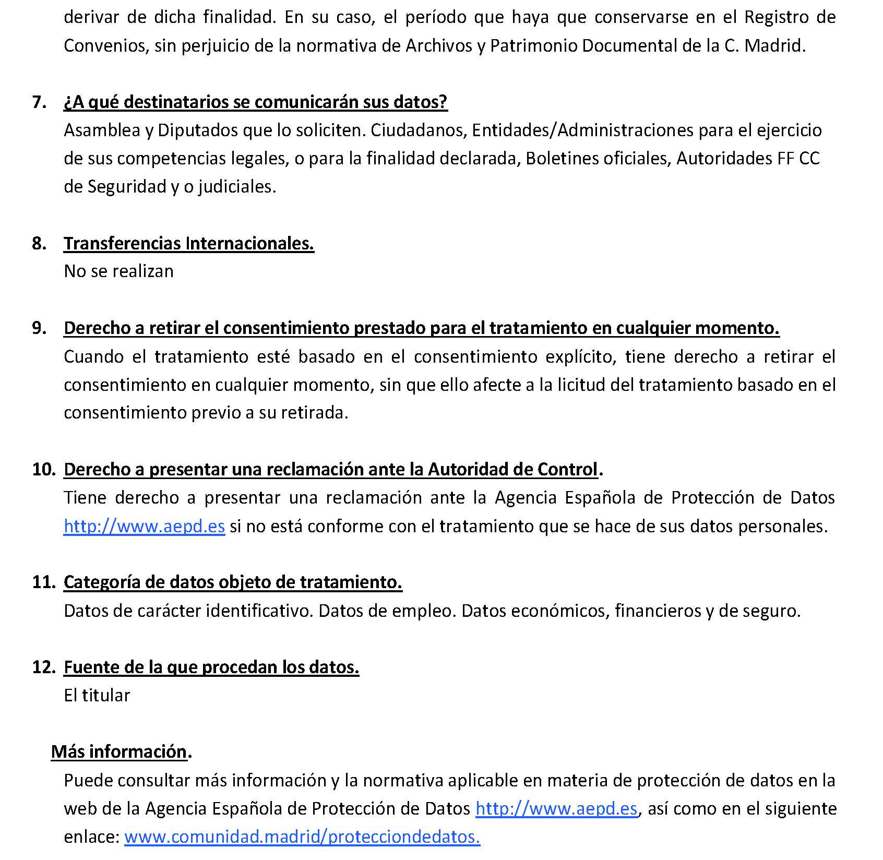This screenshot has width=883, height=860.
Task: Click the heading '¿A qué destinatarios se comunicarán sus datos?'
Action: [x=255, y=102]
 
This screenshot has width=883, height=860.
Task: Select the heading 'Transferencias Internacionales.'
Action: [x=189, y=243]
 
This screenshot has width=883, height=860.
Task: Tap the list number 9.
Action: [x=39, y=328]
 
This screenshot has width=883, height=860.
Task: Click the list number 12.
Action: [x=44, y=667]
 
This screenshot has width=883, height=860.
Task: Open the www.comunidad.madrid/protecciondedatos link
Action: [x=302, y=837]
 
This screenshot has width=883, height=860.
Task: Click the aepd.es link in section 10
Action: [x=144, y=526]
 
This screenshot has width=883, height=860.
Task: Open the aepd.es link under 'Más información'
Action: [x=556, y=808]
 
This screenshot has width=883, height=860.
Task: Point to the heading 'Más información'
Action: [x=119, y=751]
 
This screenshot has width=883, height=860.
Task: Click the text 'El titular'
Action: [x=97, y=695]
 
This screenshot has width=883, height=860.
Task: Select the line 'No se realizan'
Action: [x=118, y=271]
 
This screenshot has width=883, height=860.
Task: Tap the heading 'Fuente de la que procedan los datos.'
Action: [x=211, y=667]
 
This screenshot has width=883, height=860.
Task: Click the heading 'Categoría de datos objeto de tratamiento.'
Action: [x=233, y=582]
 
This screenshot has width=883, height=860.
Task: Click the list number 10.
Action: [x=44, y=469]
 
